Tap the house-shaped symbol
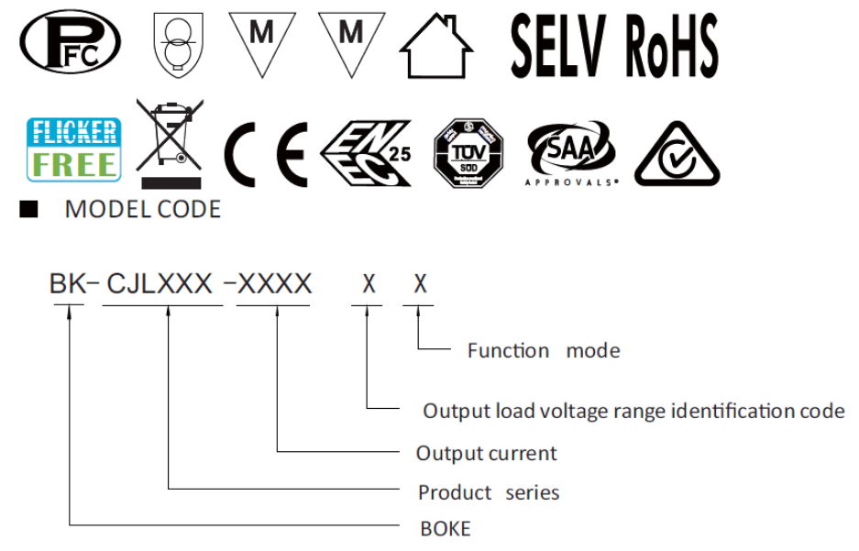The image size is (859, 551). pos(436,50)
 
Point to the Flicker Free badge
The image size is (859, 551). pos(73,149)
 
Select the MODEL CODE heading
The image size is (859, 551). pos(142,210)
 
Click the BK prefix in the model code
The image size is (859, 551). pos(68,285)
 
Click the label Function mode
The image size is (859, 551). pos(543,350)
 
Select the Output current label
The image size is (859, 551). pos(486,453)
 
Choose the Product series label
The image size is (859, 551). pos(488,492)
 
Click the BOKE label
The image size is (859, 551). pos(445,529)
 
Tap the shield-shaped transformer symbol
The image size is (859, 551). pos(172,47)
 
